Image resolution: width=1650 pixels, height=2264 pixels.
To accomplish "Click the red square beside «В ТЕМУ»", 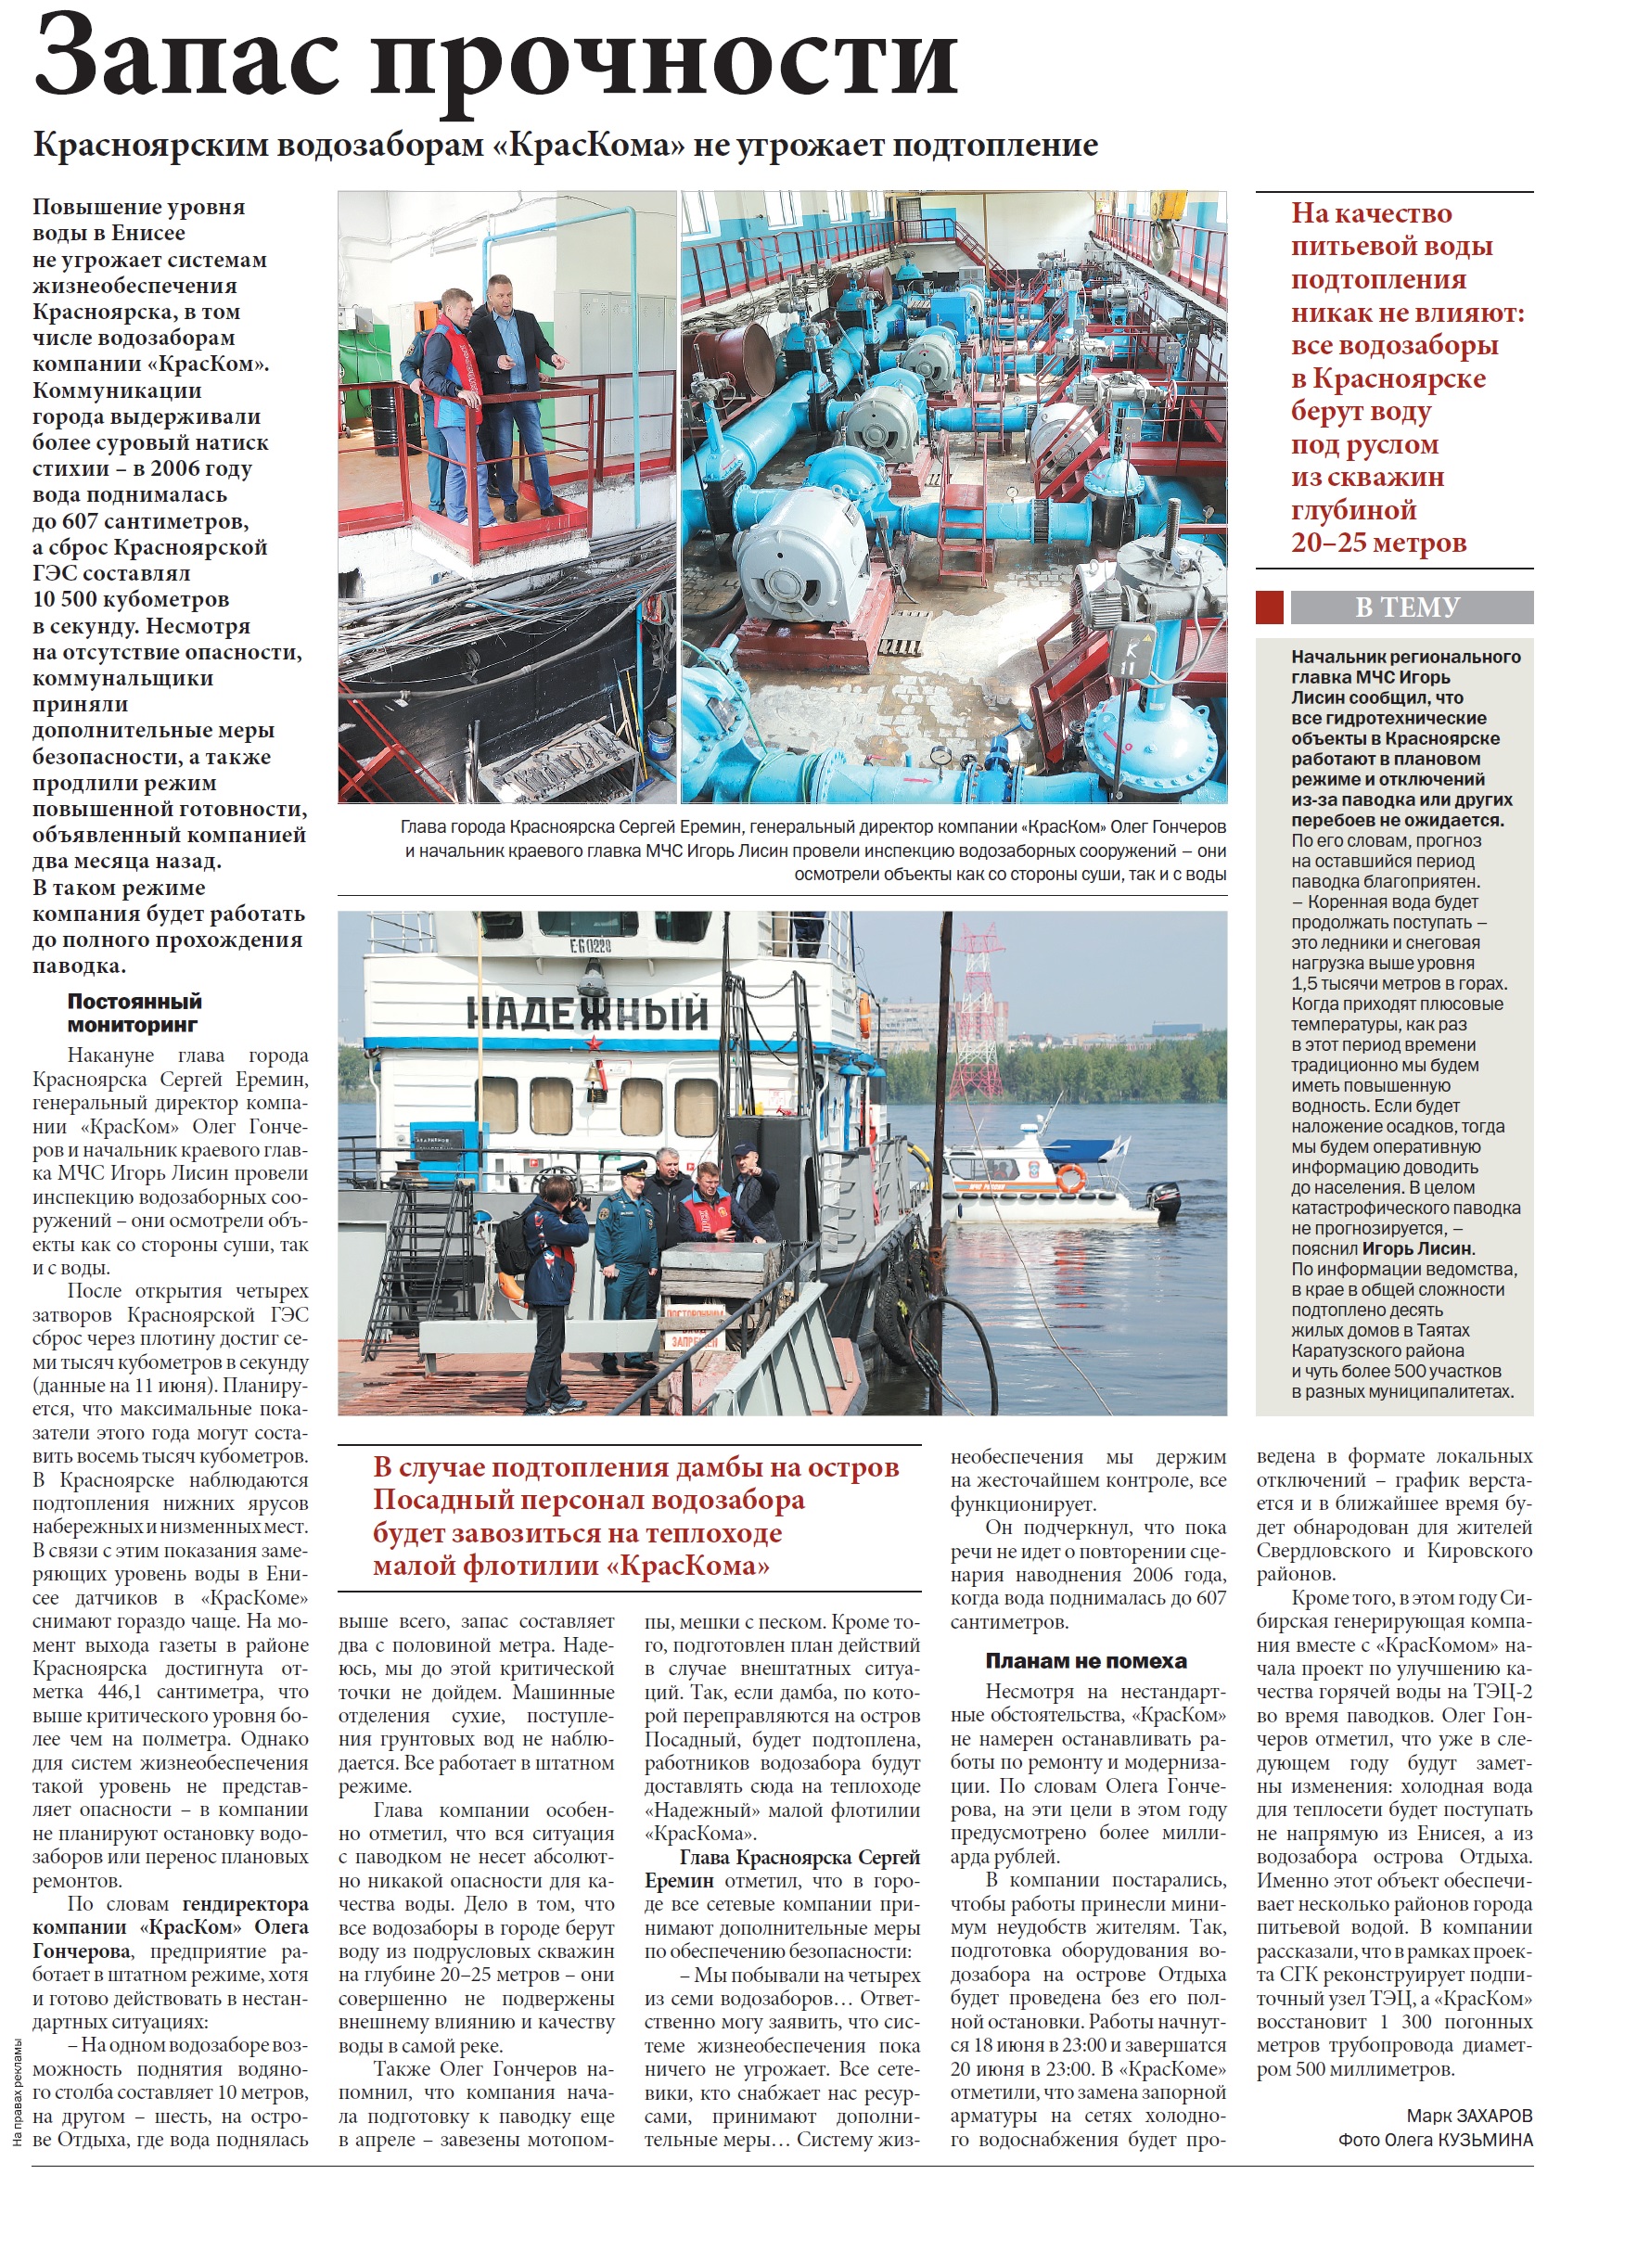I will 1269,608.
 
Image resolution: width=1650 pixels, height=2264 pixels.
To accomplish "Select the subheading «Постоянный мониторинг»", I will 134,1013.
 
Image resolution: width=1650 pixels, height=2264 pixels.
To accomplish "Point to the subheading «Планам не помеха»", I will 1086,1661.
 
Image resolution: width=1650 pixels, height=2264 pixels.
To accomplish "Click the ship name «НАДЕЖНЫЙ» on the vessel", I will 587,1014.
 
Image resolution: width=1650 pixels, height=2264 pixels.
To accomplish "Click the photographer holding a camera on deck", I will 549,1278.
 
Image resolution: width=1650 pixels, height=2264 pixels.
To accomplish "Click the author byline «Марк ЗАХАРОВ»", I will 1468,2116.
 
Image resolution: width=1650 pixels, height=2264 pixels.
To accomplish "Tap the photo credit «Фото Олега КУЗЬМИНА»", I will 1434,2139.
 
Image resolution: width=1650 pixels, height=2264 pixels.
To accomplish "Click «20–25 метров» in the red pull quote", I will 1378,544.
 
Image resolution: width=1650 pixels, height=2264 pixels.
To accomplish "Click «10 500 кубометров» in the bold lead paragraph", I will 131,599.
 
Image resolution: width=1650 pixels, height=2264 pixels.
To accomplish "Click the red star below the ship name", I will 595,1043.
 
